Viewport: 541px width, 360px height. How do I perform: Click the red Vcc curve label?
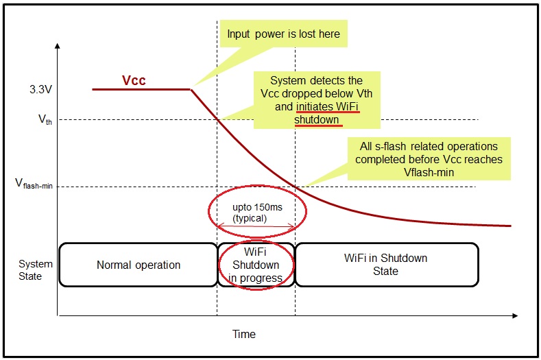click(x=134, y=80)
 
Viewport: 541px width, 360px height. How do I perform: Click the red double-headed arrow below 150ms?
click(x=256, y=227)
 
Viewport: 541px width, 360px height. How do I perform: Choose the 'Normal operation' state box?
click(x=138, y=265)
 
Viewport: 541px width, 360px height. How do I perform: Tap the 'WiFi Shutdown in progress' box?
click(x=256, y=265)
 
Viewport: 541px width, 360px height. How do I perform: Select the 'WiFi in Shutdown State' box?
click(x=385, y=265)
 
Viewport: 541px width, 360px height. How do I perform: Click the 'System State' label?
click(x=30, y=269)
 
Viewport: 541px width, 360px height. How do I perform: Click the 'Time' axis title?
click(x=243, y=334)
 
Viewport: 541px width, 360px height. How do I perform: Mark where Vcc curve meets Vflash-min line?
click(x=296, y=186)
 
